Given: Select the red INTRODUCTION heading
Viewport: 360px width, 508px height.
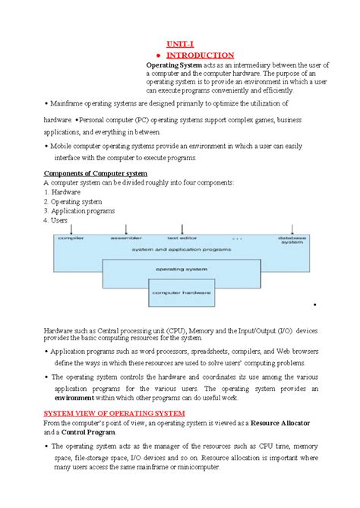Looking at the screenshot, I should pyautogui.click(x=200, y=55).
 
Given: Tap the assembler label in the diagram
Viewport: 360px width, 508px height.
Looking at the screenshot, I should pyautogui.click(x=126, y=238).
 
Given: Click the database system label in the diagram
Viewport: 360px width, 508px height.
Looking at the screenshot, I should pyautogui.click(x=291, y=241).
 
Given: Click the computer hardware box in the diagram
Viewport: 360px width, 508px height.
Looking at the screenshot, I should pyautogui.click(x=182, y=292).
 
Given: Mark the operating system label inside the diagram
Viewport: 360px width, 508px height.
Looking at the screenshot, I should pyautogui.click(x=181, y=269).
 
